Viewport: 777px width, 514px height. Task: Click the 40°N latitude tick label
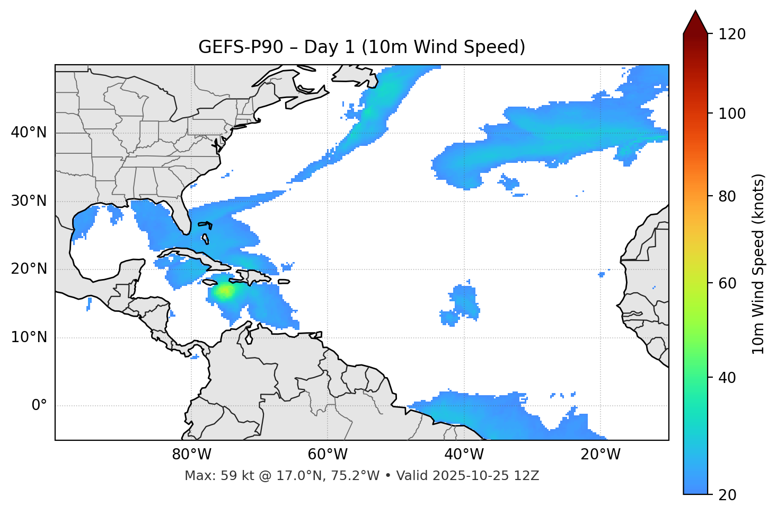click(29, 133)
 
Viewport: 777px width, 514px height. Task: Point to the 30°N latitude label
click(29, 201)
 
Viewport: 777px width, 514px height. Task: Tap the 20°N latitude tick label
click(29, 269)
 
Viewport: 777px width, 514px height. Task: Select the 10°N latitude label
click(29, 337)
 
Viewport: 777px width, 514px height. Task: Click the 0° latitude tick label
click(39, 406)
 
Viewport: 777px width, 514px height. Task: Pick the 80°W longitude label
click(191, 455)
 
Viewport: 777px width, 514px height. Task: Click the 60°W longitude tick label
click(327, 455)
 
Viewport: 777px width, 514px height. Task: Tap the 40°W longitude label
click(464, 455)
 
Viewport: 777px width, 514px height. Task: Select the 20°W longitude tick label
click(600, 455)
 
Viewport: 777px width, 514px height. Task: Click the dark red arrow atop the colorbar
click(695, 22)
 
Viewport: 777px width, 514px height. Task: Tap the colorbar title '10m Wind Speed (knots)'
click(758, 264)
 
